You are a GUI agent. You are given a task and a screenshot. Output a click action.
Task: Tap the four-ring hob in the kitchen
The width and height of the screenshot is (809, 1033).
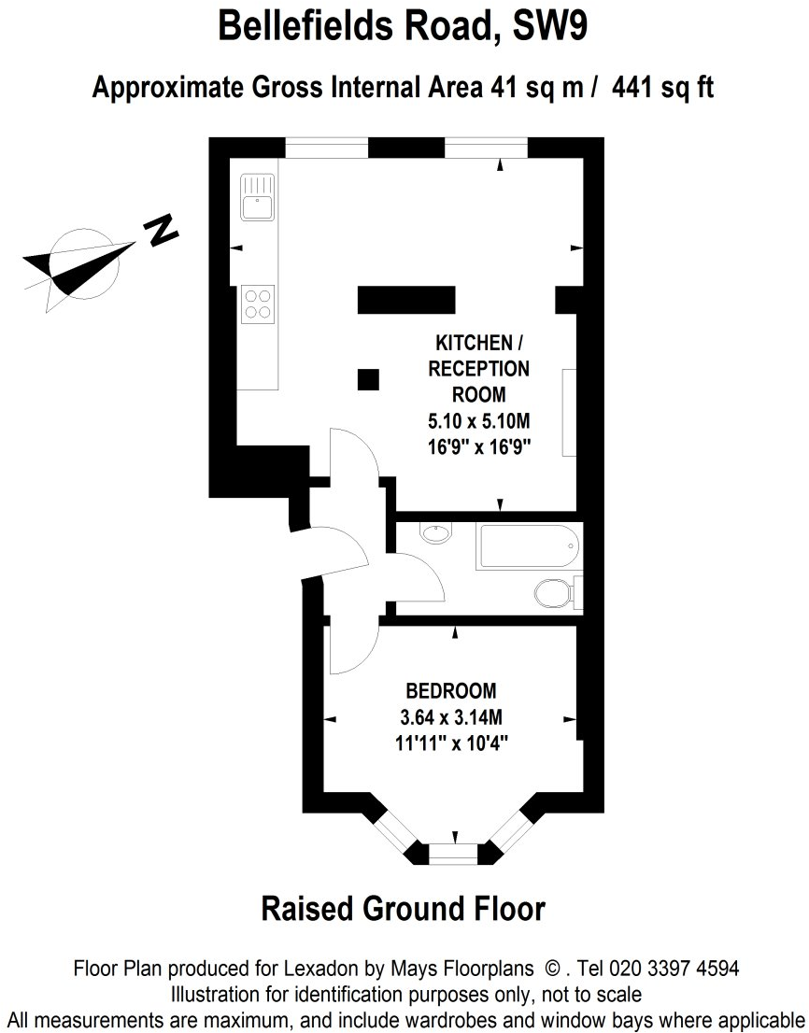click(x=258, y=303)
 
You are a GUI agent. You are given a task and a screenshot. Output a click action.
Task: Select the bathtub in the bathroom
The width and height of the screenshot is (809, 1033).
click(x=528, y=546)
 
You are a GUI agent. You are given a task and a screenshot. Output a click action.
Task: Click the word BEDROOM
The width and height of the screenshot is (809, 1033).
click(x=450, y=692)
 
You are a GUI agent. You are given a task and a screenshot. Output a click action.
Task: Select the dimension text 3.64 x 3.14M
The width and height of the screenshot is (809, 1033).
click(x=451, y=718)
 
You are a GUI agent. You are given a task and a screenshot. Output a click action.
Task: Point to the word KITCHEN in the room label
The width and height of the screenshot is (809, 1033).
click(x=474, y=343)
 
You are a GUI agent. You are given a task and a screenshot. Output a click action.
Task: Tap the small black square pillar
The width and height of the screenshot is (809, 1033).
click(x=369, y=378)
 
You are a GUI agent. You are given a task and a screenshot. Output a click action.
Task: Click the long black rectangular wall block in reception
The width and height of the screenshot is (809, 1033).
click(x=406, y=300)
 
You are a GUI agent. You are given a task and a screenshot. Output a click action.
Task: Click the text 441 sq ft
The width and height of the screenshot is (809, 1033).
click(x=664, y=89)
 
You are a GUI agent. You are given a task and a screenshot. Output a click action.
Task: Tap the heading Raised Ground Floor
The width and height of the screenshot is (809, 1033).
click(x=403, y=908)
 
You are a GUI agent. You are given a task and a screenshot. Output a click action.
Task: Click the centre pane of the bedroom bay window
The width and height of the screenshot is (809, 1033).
click(x=453, y=852)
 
